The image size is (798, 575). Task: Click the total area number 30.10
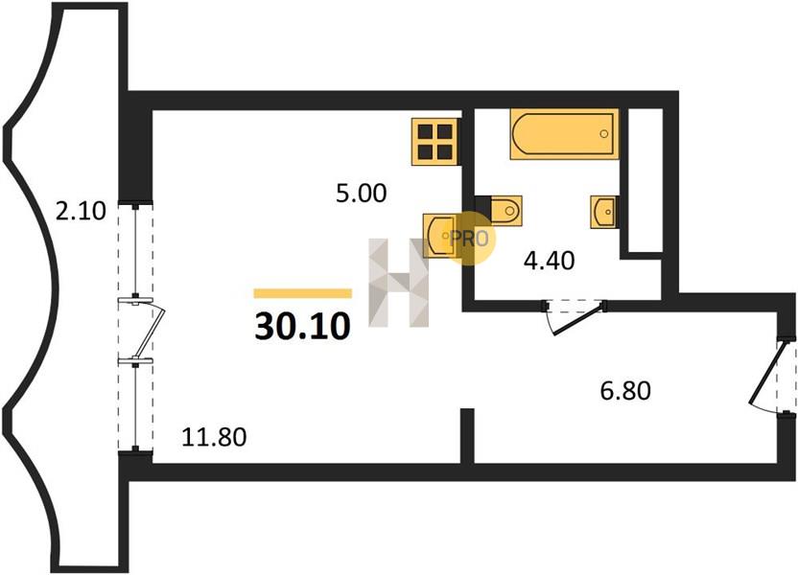pyautogui.click(x=302, y=326)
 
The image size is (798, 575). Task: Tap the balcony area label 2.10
pyautogui.click(x=81, y=211)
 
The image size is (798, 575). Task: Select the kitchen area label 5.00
pyautogui.click(x=362, y=194)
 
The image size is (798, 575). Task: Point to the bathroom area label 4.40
pyautogui.click(x=550, y=261)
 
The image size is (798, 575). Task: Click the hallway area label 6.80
pyautogui.click(x=625, y=391)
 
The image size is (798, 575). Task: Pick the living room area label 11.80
pyautogui.click(x=214, y=437)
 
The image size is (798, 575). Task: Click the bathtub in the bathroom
pyautogui.click(x=564, y=134)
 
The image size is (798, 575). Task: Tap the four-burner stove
pyautogui.click(x=436, y=141)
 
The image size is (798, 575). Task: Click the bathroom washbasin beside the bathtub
pyautogui.click(x=604, y=212)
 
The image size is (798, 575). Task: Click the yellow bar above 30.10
pyautogui.click(x=303, y=293)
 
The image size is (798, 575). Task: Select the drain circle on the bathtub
pyautogui.click(x=603, y=134)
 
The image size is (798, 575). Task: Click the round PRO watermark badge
pyautogui.click(x=469, y=238)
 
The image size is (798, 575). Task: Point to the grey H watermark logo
pyautogui.click(x=398, y=283)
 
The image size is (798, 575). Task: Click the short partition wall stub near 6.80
pyautogui.click(x=467, y=436)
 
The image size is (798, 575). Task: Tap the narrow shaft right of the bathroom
pyautogui.click(x=645, y=179)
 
